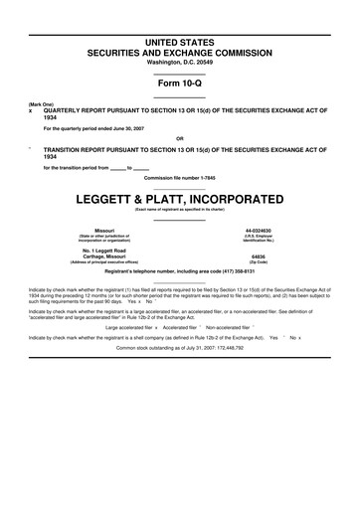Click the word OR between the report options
pos(180,138)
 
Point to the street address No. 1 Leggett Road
pos(103,249)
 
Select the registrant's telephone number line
pos(180,270)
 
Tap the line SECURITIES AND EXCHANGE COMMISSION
pos(180,49)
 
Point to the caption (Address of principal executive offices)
pos(103,261)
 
